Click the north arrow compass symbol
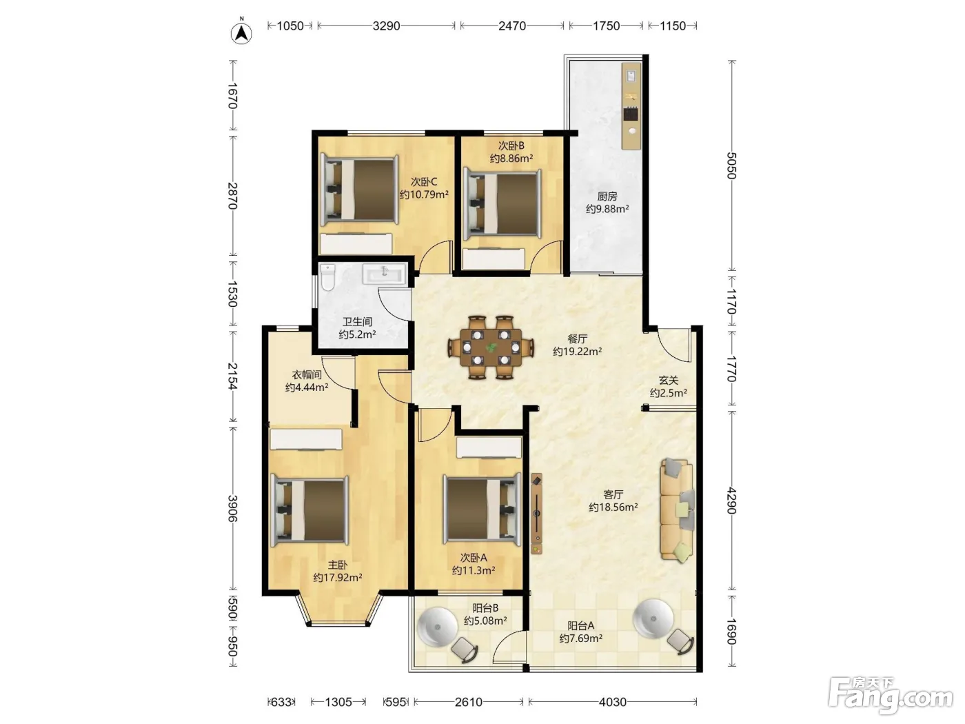241,32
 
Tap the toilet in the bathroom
327,277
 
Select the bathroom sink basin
385,274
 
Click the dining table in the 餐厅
491,348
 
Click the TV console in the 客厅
536,514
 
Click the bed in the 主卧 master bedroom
309,510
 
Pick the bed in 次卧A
482,509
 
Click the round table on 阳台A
653,619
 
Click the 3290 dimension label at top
387,26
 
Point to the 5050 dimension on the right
731,165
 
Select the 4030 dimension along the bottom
612,702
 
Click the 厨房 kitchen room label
607,197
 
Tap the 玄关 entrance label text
668,380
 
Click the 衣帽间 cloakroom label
307,374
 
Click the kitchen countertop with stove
631,106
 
